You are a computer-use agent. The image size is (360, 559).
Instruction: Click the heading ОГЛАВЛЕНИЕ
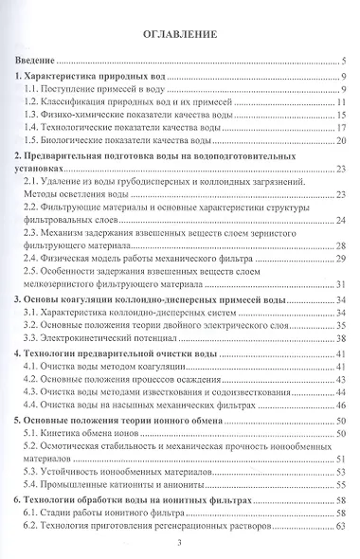tap(180, 36)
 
